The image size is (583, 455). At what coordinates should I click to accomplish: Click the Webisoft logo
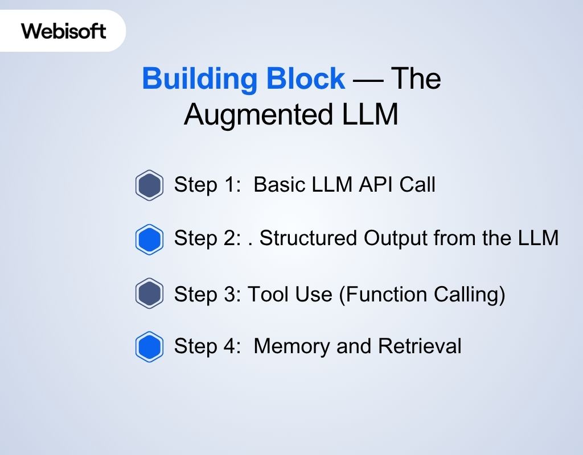[x=63, y=31]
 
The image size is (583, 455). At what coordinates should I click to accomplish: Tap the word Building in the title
[x=199, y=78]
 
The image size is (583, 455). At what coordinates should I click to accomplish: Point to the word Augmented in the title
[x=258, y=114]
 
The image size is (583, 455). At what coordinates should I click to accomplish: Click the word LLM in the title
[x=370, y=114]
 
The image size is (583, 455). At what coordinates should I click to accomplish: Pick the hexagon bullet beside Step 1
[x=149, y=185]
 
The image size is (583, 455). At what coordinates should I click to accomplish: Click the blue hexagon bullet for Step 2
[x=149, y=239]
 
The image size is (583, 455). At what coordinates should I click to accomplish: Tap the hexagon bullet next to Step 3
[x=149, y=293]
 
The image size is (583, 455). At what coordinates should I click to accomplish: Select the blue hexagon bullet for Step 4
[x=149, y=346]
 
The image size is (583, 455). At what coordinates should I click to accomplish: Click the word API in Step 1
[x=376, y=184]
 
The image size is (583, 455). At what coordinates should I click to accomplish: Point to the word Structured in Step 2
[x=308, y=238]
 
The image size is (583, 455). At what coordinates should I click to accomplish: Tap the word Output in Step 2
[x=396, y=238]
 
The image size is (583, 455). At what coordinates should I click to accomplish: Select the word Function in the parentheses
[x=383, y=295]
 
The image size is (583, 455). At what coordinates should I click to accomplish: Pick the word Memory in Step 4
[x=291, y=347]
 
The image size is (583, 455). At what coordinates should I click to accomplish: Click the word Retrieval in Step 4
[x=420, y=346]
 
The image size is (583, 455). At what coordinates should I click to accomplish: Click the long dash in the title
[x=368, y=80]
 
